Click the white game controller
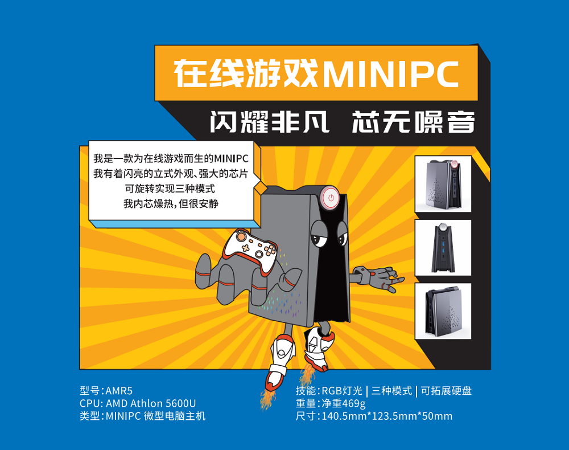pyautogui.click(x=250, y=251)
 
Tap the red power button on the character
pyautogui.click(x=331, y=198)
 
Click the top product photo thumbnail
pyautogui.click(x=443, y=184)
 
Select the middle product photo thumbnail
pyautogui.click(x=443, y=248)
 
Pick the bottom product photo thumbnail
pyautogui.click(x=443, y=311)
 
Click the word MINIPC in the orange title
pyautogui.click(x=390, y=74)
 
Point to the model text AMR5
pyautogui.click(x=119, y=391)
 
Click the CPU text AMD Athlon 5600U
pyautogui.click(x=151, y=403)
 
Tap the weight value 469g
pyautogui.click(x=353, y=403)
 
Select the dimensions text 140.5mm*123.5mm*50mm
pyautogui.click(x=387, y=416)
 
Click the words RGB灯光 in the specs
pyautogui.click(x=342, y=391)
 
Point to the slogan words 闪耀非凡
pyautogui.click(x=270, y=122)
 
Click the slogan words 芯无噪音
pyautogui.click(x=413, y=122)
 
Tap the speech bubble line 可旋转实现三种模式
pyautogui.click(x=170, y=189)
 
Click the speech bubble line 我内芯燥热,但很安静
pyautogui.click(x=171, y=204)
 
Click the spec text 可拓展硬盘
pyautogui.click(x=446, y=391)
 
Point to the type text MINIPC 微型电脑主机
pyautogui.click(x=156, y=416)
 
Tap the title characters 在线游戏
pyautogui.click(x=246, y=74)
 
